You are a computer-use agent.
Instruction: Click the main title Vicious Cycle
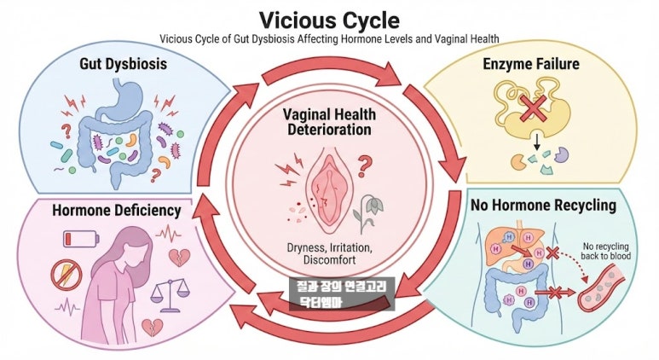pyautogui.click(x=329, y=20)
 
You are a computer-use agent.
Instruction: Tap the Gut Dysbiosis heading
pyautogui.click(x=123, y=64)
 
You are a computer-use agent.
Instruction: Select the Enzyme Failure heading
pyautogui.click(x=531, y=64)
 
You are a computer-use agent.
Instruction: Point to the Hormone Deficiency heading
pyautogui.click(x=117, y=210)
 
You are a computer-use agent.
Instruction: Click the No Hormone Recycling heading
pyautogui.click(x=543, y=206)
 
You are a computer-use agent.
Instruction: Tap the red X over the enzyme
pyautogui.click(x=533, y=107)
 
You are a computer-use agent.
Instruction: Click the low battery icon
pyautogui.click(x=81, y=239)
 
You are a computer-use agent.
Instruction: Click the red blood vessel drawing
pyautogui.click(x=601, y=287)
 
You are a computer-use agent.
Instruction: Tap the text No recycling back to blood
pyautogui.click(x=605, y=251)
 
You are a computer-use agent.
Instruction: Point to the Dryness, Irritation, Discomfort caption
pyautogui.click(x=329, y=253)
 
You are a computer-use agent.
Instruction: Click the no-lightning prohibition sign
pyautogui.click(x=66, y=274)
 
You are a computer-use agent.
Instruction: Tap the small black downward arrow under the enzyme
pyautogui.click(x=536, y=142)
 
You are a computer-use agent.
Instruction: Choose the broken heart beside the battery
pyautogui.click(x=180, y=257)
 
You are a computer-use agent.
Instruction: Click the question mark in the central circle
pyautogui.click(x=364, y=165)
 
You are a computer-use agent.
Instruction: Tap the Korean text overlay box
pyautogui.click(x=342, y=293)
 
